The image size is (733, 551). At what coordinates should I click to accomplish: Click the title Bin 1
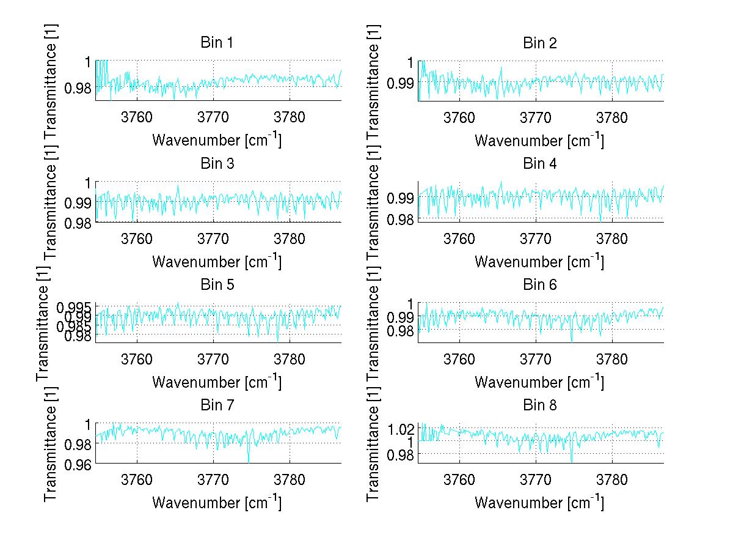[x=216, y=43]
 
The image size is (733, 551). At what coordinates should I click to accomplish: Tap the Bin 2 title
[x=539, y=43]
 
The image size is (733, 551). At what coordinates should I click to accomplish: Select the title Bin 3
[x=216, y=163]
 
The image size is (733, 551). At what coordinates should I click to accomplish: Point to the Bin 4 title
[x=539, y=163]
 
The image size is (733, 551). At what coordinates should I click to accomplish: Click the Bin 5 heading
[x=216, y=284]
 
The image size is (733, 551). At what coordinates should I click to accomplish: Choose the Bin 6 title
[x=539, y=284]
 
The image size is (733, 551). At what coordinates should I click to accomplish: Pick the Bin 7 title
[x=216, y=405]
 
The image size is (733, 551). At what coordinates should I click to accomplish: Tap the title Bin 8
[x=539, y=405]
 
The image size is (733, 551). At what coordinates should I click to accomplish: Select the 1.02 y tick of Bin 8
[x=401, y=428]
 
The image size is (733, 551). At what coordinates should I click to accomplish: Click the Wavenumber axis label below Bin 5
[x=216, y=382]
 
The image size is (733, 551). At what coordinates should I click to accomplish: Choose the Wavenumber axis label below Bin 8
[x=539, y=502]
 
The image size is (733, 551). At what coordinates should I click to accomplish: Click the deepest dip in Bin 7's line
[x=249, y=462]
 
